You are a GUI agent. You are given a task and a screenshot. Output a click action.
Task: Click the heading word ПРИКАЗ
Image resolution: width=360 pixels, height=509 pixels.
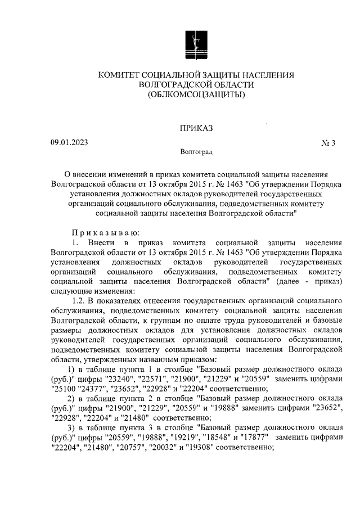(x=196, y=129)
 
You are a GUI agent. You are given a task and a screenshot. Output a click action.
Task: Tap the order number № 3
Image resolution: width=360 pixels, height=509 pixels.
(x=328, y=143)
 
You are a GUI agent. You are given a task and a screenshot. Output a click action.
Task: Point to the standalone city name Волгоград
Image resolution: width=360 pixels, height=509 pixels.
(x=196, y=152)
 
